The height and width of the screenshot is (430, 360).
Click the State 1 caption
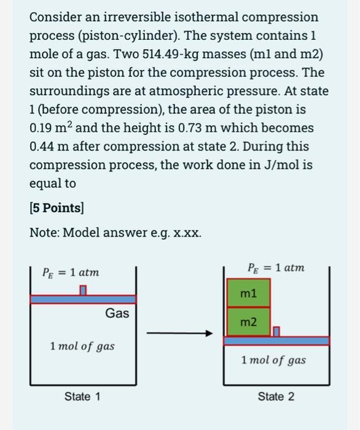82,396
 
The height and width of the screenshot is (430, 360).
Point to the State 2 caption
276,396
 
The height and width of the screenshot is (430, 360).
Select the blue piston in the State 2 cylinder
276,340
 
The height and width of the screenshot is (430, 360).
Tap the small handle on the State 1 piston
83,290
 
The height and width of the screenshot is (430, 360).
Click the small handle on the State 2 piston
276,332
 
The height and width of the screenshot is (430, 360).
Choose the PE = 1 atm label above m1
275,268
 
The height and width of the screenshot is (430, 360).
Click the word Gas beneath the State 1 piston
117,313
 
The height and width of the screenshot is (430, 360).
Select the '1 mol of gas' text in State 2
273,360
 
